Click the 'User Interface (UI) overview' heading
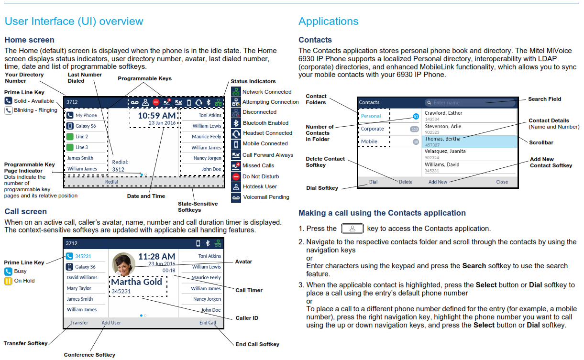pos(74,21)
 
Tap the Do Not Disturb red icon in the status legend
pos(236,176)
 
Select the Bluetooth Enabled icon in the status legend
pos(236,123)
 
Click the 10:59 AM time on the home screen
pos(157,115)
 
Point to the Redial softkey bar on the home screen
pos(144,182)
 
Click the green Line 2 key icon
pos(70,136)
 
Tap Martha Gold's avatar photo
pos(123,264)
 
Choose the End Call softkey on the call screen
pos(208,322)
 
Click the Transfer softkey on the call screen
pos(79,322)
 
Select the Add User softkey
pos(111,322)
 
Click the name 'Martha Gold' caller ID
pos(137,282)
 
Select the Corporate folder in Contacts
pos(372,129)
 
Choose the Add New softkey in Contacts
pos(438,182)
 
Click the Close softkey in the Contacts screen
pos(502,182)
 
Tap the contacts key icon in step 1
pos(352,229)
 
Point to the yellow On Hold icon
pos(8,281)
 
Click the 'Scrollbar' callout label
pos(541,142)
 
